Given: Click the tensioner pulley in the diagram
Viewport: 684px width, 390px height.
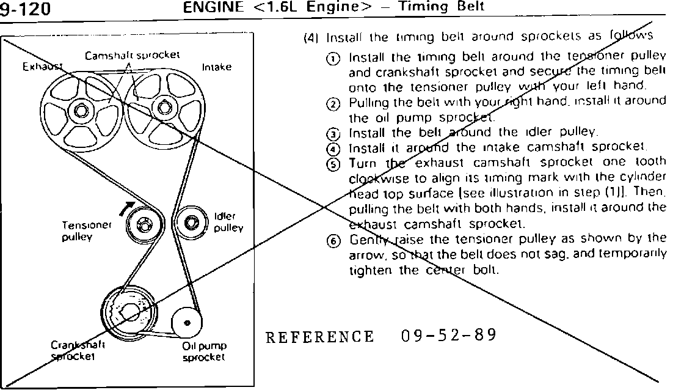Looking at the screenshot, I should click(144, 224).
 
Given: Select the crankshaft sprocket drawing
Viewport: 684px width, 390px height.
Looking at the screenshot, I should click(129, 312).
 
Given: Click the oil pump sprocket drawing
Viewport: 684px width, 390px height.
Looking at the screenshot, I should click(187, 322).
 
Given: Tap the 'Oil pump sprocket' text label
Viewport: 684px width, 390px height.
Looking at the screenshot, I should click(205, 351).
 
